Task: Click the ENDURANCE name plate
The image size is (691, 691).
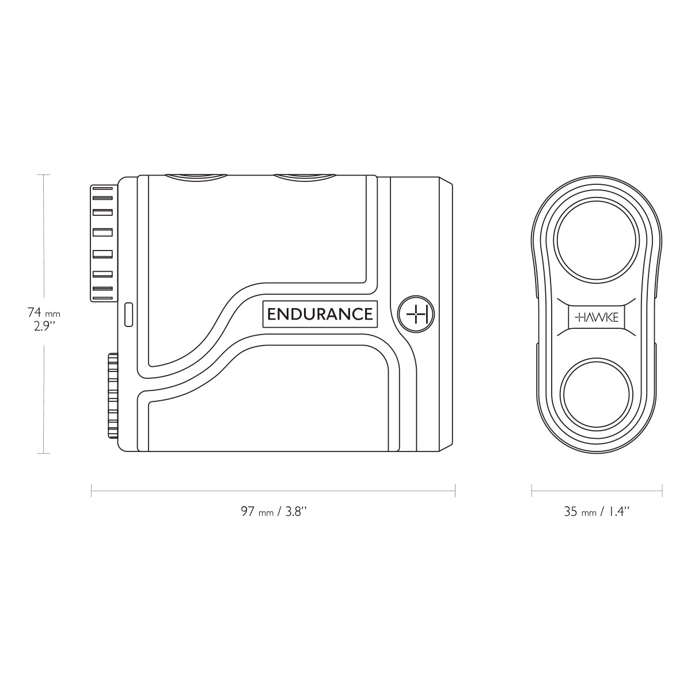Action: pyautogui.click(x=320, y=314)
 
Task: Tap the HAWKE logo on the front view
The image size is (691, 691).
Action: pyautogui.click(x=597, y=317)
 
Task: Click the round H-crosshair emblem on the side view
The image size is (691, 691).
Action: pyautogui.click(x=416, y=314)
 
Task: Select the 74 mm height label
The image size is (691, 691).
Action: pyautogui.click(x=44, y=313)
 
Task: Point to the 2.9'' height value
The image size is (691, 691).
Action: pyautogui.click(x=44, y=327)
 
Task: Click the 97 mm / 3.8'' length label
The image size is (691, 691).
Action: pyautogui.click(x=274, y=511)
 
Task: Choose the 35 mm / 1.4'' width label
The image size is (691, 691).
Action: pyautogui.click(x=597, y=511)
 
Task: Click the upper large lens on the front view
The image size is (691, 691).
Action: pyautogui.click(x=597, y=240)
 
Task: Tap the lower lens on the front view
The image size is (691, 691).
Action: pyautogui.click(x=597, y=394)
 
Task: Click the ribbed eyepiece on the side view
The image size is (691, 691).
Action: pyautogui.click(x=102, y=243)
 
